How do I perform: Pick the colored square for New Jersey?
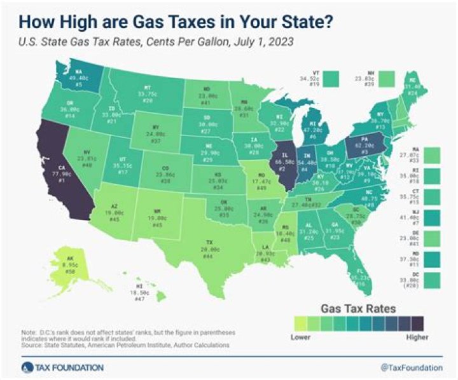pyautogui.click(x=432, y=217)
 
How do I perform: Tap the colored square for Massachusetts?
pyautogui.click(x=432, y=154)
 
